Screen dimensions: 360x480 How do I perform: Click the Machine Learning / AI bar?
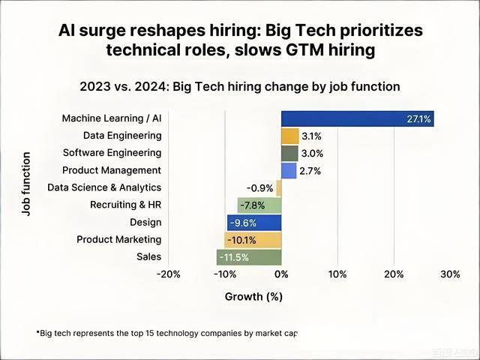pos(357,118)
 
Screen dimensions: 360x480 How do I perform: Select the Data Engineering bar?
pos(289,136)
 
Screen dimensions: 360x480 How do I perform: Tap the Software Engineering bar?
pos(289,153)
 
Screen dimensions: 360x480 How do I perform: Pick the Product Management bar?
pos(289,170)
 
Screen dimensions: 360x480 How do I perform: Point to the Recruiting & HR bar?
pos(259,205)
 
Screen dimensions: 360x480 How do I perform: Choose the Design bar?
pos(254,222)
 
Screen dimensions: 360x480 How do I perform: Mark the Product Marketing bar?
pos(253,240)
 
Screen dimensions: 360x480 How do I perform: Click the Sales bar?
pos(249,257)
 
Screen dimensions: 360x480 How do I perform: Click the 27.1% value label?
pos(418,119)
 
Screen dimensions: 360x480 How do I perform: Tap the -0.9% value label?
pos(259,188)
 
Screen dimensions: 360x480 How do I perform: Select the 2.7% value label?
pos(310,171)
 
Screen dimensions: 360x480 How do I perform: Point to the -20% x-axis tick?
pos(169,274)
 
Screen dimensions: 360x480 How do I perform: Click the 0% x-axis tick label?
pos(281,274)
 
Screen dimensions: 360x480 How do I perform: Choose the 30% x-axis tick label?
pos(450,274)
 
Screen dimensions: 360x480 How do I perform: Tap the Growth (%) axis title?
pos(253,297)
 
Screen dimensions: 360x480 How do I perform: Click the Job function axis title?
pos(26,184)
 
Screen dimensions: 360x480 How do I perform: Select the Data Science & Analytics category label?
pos(104,187)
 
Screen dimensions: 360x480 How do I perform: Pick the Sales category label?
pos(148,257)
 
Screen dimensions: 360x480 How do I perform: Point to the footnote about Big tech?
pos(166,332)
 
